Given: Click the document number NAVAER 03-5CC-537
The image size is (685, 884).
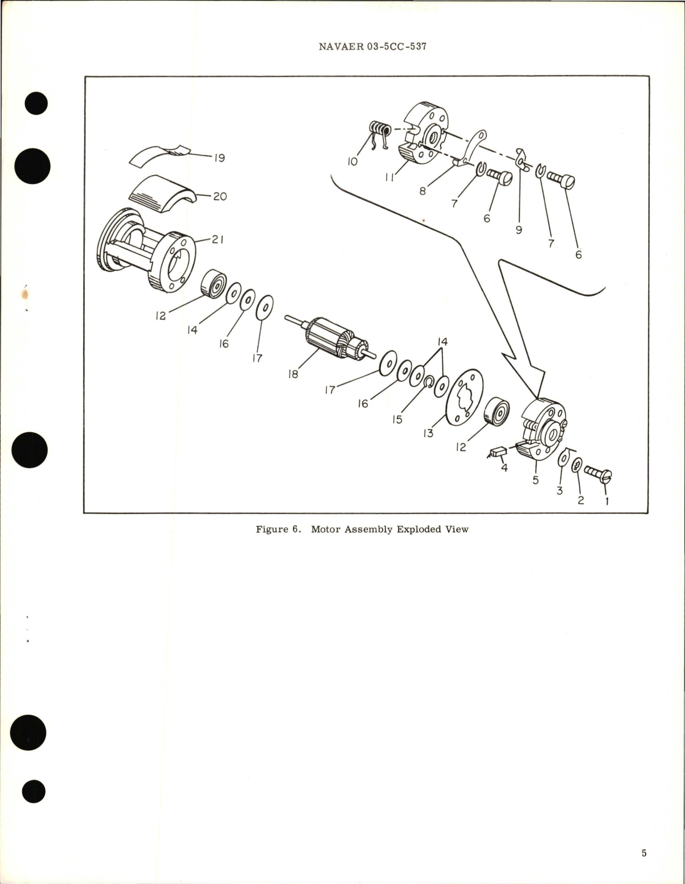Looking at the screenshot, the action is click(x=373, y=46).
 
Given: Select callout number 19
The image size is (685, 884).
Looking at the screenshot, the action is click(x=219, y=157).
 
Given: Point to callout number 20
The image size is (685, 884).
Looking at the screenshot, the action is click(x=220, y=196).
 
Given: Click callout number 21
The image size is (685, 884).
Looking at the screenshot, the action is click(x=217, y=240).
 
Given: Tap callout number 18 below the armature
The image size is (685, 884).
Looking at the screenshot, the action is click(x=293, y=374).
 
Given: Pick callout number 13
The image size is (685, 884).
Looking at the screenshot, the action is click(x=428, y=434).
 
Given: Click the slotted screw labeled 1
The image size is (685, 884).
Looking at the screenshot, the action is click(x=598, y=474).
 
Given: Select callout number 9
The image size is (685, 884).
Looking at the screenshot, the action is click(x=519, y=230).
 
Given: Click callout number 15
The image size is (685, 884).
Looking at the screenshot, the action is click(x=398, y=419).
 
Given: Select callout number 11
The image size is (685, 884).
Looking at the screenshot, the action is click(x=389, y=177).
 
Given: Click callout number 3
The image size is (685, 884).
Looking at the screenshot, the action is click(x=560, y=491).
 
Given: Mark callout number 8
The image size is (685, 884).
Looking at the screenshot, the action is click(x=423, y=190).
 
